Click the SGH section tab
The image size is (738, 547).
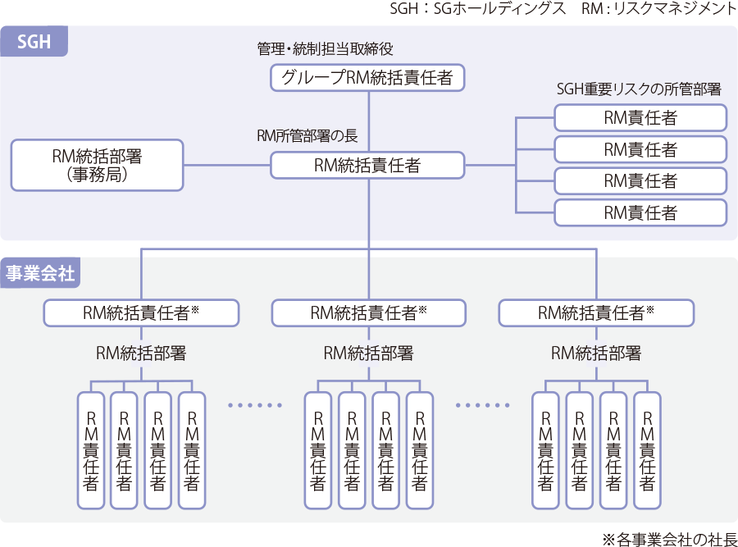click(x=34, y=41)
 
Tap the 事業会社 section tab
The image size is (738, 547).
click(x=40, y=274)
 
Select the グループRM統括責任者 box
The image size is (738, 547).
click(x=367, y=79)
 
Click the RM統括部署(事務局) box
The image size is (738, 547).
click(x=97, y=164)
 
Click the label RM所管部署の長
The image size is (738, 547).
click(x=307, y=136)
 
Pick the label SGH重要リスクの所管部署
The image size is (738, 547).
click(x=639, y=90)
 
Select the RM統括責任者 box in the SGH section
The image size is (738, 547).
click(x=367, y=166)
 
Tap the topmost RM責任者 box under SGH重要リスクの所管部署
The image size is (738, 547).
click(x=640, y=118)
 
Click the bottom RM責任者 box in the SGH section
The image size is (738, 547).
click(x=640, y=213)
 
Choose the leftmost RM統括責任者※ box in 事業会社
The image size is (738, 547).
click(x=141, y=312)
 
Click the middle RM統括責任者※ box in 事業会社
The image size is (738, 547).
click(x=368, y=312)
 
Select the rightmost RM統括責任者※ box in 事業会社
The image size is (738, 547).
click(x=596, y=312)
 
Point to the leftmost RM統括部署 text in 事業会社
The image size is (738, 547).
click(x=141, y=353)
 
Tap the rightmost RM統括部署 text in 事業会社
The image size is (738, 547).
click(x=596, y=353)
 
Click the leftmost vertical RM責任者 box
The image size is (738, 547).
click(x=90, y=449)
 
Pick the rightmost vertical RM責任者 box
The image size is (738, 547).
click(x=647, y=449)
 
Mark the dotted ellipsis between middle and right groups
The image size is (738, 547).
click(x=482, y=405)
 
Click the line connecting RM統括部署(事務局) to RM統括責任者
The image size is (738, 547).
click(x=227, y=166)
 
